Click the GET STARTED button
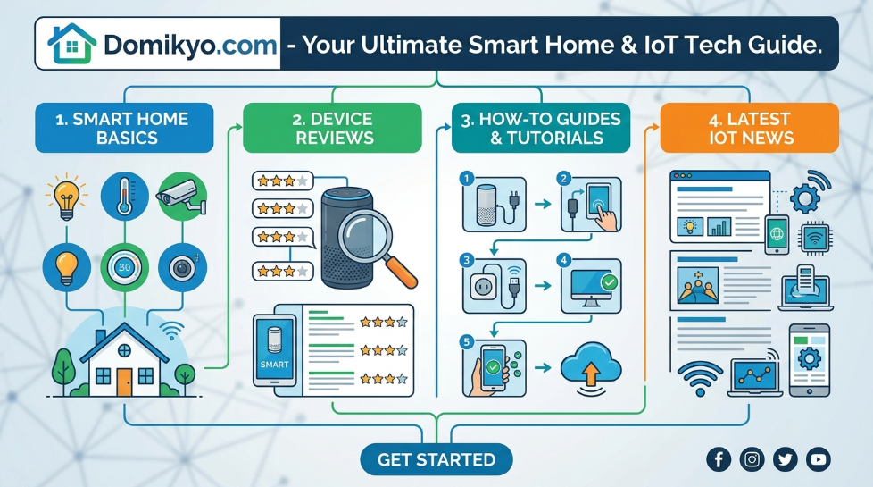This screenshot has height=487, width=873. tap(436, 459)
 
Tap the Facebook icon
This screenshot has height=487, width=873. tap(719, 459)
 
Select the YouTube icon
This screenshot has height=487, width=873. tap(819, 459)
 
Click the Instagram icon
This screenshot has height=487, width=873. tap(752, 459)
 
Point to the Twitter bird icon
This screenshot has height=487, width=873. tap(785, 459)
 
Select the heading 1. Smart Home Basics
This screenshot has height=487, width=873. tap(124, 128)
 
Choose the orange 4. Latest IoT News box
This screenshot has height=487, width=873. tap(750, 128)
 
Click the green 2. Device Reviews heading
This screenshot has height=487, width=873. tap(332, 128)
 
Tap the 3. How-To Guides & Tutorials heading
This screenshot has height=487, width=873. tap(541, 128)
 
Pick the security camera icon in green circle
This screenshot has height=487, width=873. tap(182, 197)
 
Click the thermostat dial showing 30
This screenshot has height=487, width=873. tap(124, 267)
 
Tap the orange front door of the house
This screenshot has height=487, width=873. tap(124, 382)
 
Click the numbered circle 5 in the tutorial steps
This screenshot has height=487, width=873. tap(467, 341)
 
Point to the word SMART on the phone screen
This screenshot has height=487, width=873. tap(274, 365)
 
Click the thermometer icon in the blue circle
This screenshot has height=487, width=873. tap(124, 197)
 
